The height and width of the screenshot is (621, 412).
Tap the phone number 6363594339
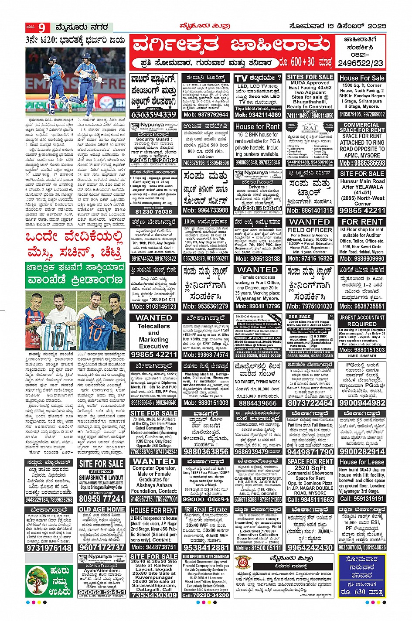point(154,114)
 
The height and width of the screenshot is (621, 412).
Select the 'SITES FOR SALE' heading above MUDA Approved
point(310,77)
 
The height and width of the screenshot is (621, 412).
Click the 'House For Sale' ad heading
point(362,78)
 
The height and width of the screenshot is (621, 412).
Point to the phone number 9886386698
point(362,163)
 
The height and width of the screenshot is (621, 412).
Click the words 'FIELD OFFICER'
point(310,229)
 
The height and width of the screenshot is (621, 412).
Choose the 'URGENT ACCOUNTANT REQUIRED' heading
point(362,321)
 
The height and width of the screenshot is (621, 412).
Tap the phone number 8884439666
point(258,403)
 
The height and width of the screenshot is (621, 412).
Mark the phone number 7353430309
point(154,595)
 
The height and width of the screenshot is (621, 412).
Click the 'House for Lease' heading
point(362,462)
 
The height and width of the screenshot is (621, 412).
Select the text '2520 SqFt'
point(310,468)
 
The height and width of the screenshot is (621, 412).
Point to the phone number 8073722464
point(310,403)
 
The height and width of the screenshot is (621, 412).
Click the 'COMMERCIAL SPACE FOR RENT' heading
point(362,127)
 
